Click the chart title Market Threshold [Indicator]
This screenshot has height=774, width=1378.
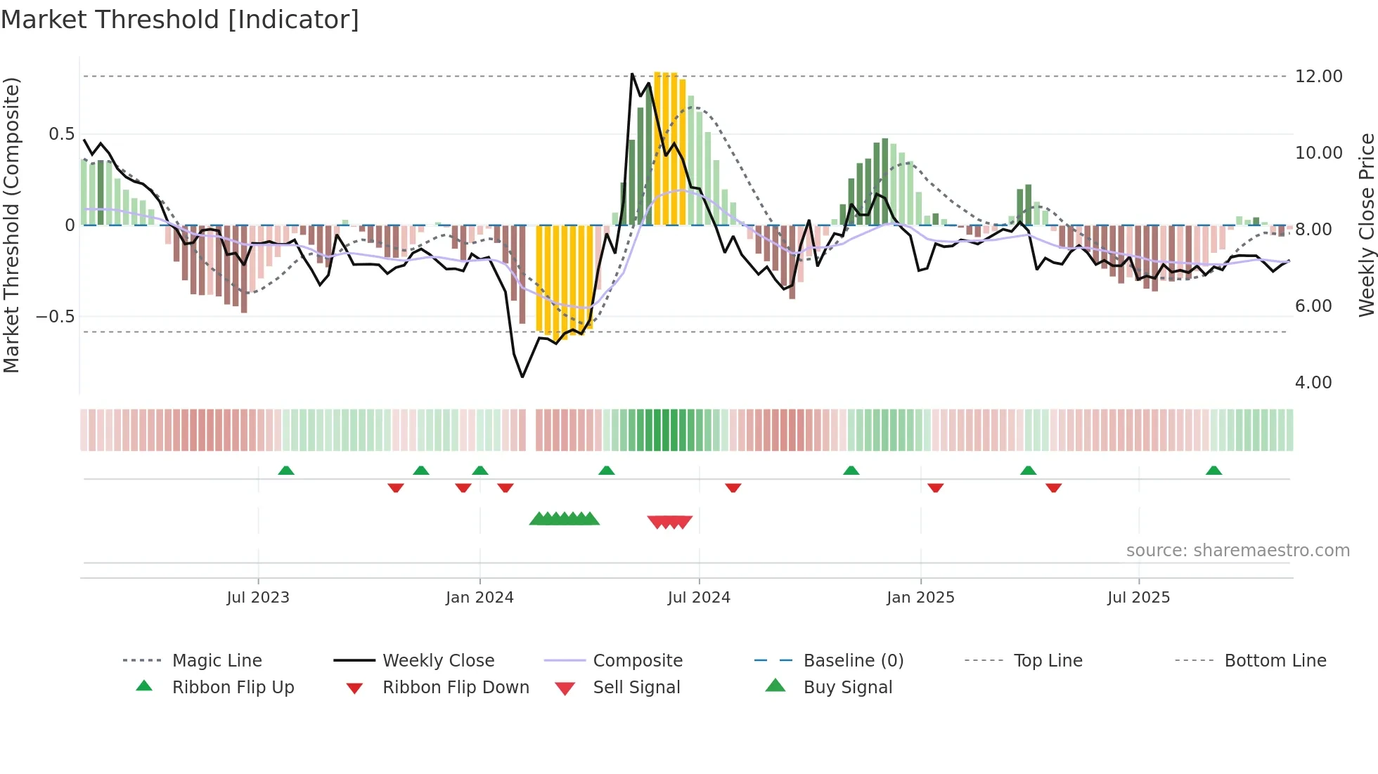[180, 20]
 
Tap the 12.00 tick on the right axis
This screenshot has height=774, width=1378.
[1318, 77]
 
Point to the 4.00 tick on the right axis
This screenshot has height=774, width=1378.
[1313, 383]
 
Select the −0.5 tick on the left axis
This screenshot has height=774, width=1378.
[55, 317]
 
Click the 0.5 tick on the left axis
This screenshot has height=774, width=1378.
[61, 134]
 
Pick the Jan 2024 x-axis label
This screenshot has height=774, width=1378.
[479, 598]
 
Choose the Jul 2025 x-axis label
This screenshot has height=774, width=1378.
[1138, 598]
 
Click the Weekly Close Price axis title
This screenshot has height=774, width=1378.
[1366, 225]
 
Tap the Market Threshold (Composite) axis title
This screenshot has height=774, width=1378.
[11, 225]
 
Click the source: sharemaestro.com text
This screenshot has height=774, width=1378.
[1237, 551]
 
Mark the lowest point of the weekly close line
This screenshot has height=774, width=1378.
[522, 377]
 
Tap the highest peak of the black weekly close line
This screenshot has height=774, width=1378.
[632, 74]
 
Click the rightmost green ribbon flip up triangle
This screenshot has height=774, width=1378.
[1213, 471]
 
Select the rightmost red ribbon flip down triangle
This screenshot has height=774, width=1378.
[1053, 487]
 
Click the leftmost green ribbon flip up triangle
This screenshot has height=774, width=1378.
[285, 471]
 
